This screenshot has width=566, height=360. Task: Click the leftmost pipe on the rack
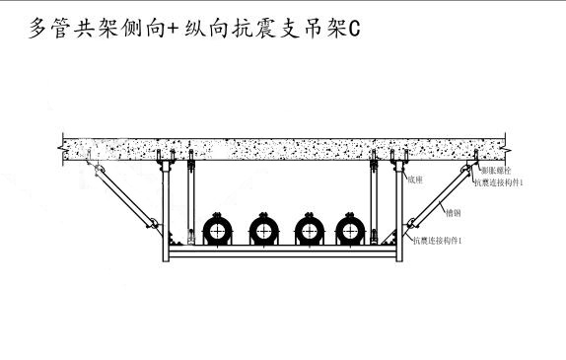(216, 231)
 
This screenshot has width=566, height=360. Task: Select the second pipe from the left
(262, 231)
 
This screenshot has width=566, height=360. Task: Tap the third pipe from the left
(307, 231)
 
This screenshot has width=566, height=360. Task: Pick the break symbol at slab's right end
(507, 145)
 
